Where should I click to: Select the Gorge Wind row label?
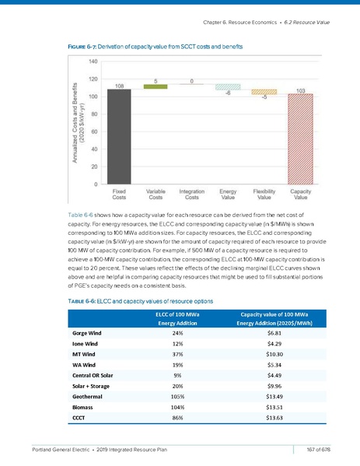[x=94, y=332]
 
